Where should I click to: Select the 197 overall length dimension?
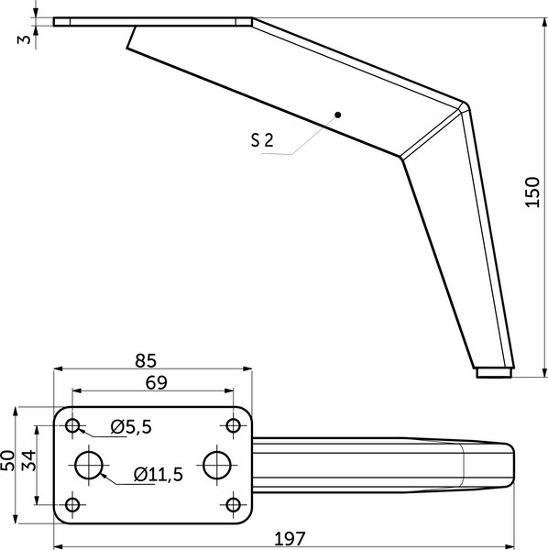coord(290,538)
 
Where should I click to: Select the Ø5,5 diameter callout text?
coord(130,426)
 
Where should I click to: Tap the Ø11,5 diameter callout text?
coord(158,474)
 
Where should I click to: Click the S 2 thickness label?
coord(262,140)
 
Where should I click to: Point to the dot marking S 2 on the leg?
coord(338,115)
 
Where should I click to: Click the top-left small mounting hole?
coord(73,425)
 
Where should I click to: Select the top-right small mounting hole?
coord(233,425)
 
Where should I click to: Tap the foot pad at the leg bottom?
coord(493,373)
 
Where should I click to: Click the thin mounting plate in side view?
coord(152,22)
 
